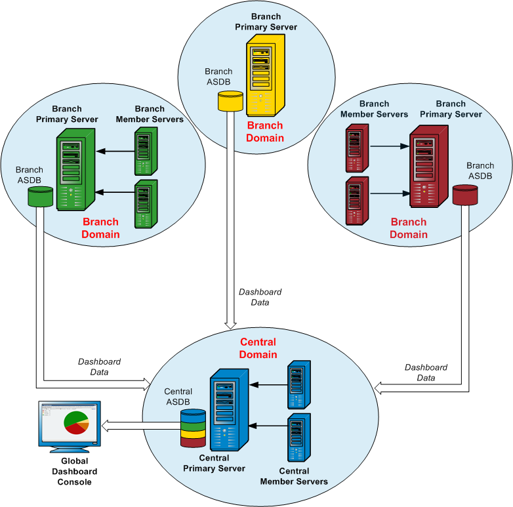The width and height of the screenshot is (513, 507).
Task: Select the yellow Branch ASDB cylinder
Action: click(230, 101)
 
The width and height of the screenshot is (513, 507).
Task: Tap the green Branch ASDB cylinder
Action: click(39, 195)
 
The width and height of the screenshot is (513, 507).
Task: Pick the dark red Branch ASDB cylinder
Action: click(465, 195)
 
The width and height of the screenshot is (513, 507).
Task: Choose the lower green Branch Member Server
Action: click(146, 205)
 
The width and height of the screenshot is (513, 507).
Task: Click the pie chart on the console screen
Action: click(76, 423)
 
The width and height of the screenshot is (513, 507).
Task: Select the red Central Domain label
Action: click(258, 348)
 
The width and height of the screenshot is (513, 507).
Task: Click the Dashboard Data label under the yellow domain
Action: click(260, 297)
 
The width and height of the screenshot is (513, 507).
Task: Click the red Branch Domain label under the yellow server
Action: click(265, 131)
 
